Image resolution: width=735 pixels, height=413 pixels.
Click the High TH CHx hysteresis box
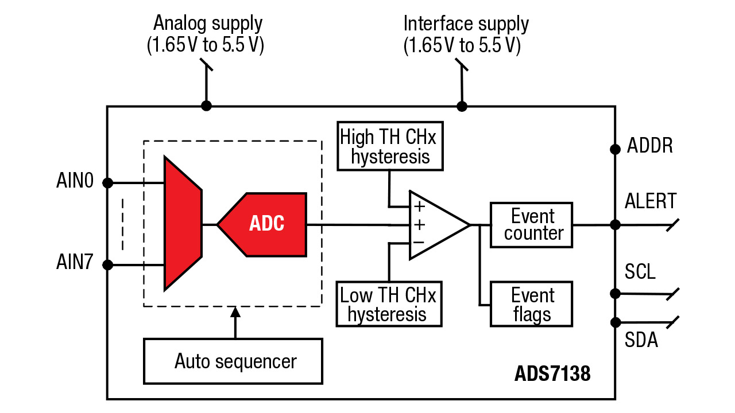[x=390, y=146]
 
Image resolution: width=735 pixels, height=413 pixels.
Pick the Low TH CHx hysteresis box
[x=388, y=304]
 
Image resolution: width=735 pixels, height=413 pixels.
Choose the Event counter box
[x=532, y=225]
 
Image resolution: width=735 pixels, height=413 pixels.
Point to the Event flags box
[x=532, y=305]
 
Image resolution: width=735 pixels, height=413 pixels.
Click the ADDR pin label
[x=649, y=146]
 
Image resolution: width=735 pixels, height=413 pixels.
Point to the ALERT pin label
[x=651, y=201]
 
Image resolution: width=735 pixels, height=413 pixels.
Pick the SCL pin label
[x=640, y=271]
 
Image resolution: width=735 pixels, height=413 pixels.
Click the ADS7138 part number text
[x=552, y=374]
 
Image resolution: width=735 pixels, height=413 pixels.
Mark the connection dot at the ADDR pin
[x=615, y=149]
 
